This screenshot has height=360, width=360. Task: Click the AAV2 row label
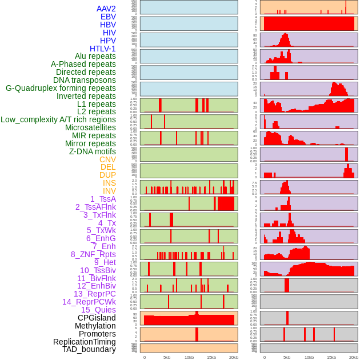click(x=106, y=9)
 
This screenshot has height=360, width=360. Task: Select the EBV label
click(x=108, y=17)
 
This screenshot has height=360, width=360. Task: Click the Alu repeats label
click(x=95, y=56)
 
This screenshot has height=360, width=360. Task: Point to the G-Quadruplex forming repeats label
click(x=61, y=88)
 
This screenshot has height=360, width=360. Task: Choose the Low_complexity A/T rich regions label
click(x=58, y=119)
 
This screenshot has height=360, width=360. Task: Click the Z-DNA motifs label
click(x=92, y=151)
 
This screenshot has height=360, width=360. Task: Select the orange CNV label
click(x=107, y=159)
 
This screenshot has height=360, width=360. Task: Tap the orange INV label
click(x=109, y=191)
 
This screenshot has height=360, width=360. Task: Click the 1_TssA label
click(x=103, y=199)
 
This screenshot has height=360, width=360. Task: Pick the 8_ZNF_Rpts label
click(x=93, y=254)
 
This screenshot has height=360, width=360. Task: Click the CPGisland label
click(x=97, y=318)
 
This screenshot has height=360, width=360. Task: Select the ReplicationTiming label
click(x=85, y=342)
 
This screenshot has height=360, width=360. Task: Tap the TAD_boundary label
click(x=89, y=349)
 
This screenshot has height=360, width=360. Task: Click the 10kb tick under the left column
click(x=189, y=357)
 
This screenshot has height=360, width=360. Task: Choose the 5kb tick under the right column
click(x=286, y=357)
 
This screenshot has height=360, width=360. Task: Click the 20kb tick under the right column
click(x=353, y=357)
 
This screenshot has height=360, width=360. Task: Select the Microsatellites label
click(x=90, y=127)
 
